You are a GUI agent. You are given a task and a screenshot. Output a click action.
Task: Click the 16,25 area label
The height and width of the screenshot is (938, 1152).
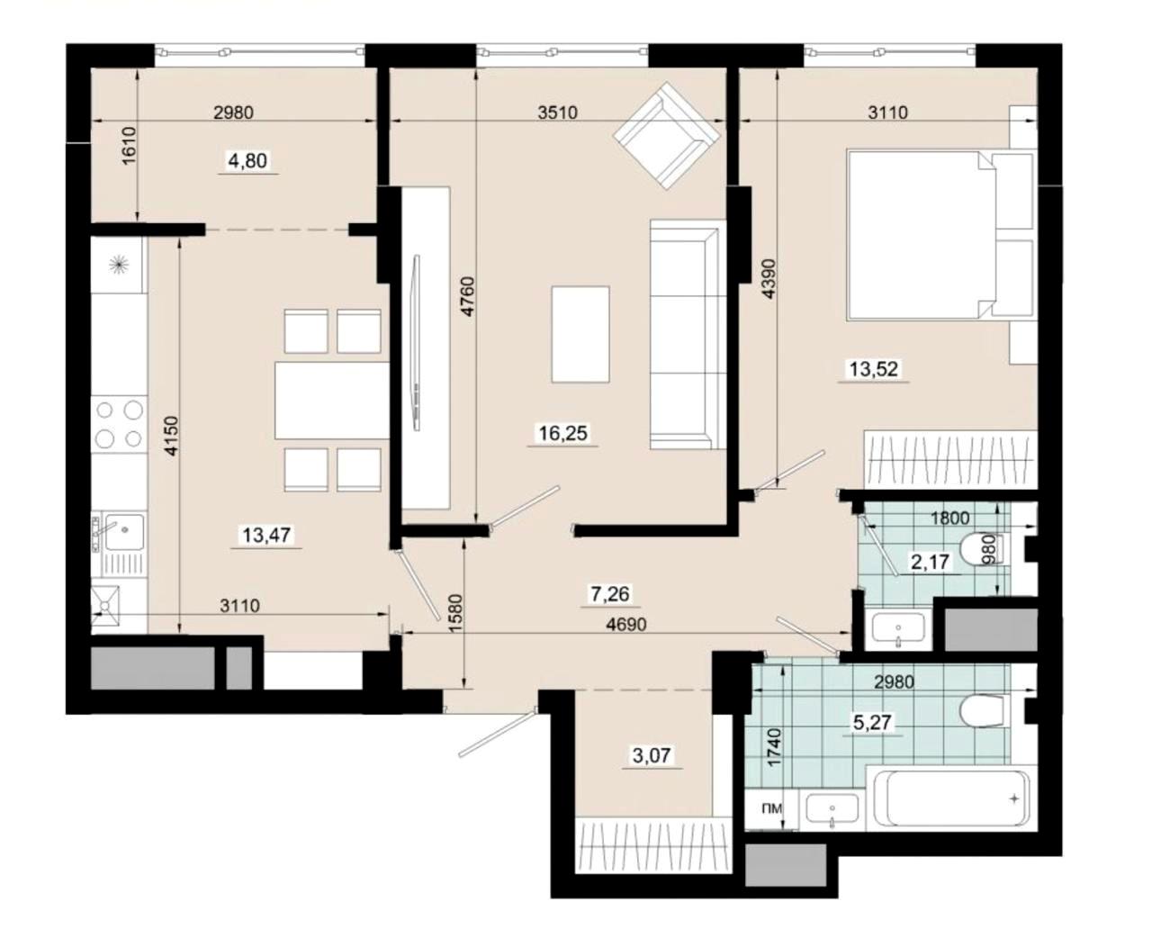(x=563, y=433)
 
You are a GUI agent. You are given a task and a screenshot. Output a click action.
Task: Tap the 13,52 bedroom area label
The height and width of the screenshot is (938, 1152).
(x=874, y=369)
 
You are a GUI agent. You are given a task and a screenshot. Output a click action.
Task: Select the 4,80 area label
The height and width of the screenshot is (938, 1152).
(x=247, y=160)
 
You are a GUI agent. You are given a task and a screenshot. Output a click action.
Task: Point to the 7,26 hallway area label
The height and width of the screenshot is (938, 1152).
(x=610, y=594)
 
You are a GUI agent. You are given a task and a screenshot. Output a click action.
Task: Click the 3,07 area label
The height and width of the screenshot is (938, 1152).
(x=652, y=755)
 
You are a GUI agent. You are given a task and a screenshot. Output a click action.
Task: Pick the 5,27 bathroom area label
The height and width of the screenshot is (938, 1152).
(x=872, y=722)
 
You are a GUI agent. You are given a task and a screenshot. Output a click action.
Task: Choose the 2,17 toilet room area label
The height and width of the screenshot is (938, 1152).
(x=930, y=562)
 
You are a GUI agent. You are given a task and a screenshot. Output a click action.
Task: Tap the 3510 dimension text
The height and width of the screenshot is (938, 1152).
(x=558, y=113)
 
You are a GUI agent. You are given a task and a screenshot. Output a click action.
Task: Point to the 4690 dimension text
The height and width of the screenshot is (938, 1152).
(x=626, y=624)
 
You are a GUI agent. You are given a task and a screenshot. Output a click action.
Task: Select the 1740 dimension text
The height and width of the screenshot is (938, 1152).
(x=775, y=746)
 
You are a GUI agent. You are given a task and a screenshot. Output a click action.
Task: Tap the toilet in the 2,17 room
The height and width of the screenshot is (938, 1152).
(x=984, y=549)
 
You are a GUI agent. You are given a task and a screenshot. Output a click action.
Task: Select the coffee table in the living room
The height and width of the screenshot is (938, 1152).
(x=580, y=334)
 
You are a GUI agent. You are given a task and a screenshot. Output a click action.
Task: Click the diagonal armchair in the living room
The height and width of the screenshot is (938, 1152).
(x=668, y=135)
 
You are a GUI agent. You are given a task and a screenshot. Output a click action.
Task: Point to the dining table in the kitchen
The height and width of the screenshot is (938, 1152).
(x=332, y=401)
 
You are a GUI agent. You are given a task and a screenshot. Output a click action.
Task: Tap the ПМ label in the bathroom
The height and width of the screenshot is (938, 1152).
(x=772, y=808)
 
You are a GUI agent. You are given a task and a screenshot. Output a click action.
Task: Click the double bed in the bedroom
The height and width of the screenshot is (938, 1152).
(x=940, y=236)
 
